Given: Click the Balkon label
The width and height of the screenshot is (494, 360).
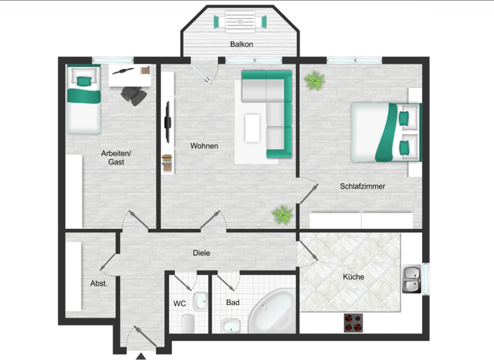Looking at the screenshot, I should tap(242, 44).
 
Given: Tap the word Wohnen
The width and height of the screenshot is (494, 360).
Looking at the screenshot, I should tap(204, 146).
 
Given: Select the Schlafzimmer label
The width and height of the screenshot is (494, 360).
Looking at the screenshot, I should tap(363, 186).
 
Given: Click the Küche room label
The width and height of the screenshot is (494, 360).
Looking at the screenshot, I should tap(354, 277).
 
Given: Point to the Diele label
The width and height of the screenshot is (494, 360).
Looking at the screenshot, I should tap(201, 253).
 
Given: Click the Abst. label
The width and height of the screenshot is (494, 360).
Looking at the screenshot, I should tap(98, 283).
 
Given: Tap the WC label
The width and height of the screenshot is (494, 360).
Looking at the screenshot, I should tap(179, 303).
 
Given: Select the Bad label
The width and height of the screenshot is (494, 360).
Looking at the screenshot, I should tap(233, 302).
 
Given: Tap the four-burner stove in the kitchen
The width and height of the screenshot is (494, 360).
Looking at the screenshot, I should tap(353, 322).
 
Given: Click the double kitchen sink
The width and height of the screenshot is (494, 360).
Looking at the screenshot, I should tap(412, 279).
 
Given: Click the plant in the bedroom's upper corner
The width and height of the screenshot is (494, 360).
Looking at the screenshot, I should tap(315, 80).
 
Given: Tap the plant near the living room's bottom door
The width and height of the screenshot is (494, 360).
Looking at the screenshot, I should tap(282, 215).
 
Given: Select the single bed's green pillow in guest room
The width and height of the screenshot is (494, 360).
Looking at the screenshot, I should tap(82, 81).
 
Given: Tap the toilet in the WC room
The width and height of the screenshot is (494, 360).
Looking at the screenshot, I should tap(188, 322).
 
